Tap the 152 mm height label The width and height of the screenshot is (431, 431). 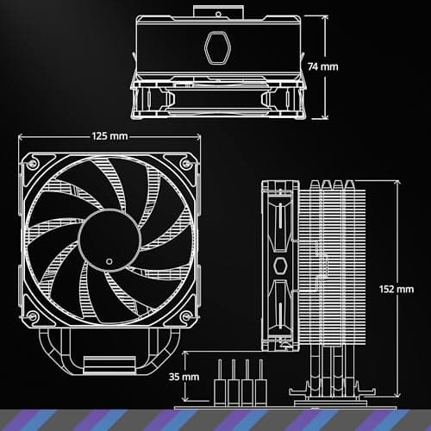397,289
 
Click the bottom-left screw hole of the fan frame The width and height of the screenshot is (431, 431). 33,315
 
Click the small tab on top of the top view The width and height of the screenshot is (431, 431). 215,9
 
